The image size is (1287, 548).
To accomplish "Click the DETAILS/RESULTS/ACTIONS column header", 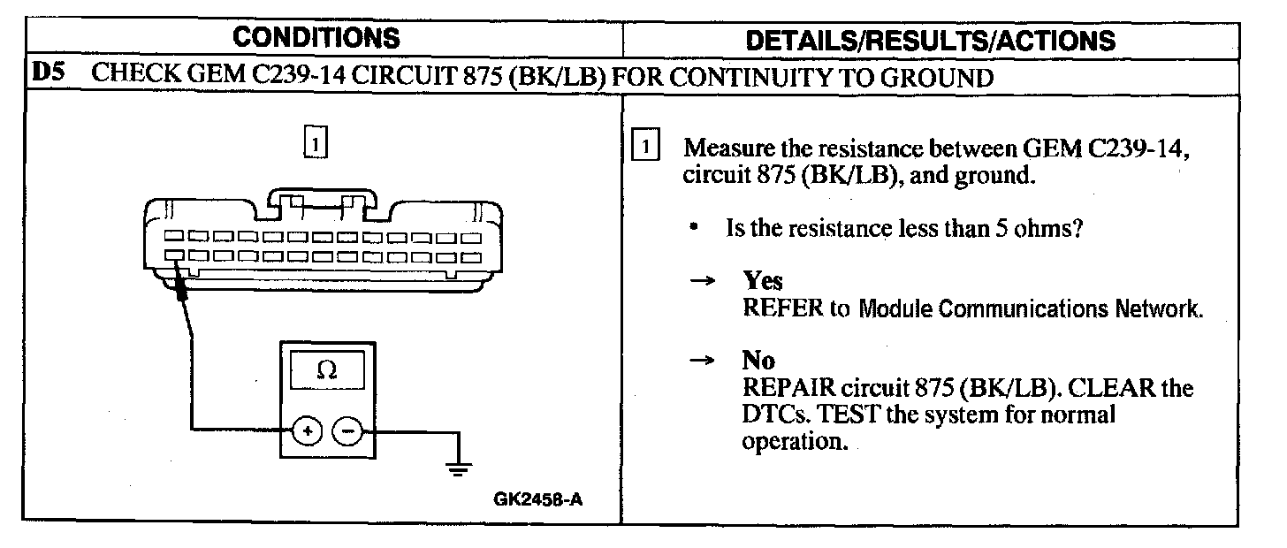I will (x=931, y=40).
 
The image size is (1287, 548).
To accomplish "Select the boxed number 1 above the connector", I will (x=316, y=141).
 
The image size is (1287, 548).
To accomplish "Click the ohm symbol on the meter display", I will (x=326, y=372).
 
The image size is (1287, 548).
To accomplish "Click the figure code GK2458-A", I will (x=538, y=499).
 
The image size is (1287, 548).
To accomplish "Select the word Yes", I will (x=763, y=281).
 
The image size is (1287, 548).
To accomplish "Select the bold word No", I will (x=758, y=361).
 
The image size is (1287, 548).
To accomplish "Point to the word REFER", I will (x=775, y=308).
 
